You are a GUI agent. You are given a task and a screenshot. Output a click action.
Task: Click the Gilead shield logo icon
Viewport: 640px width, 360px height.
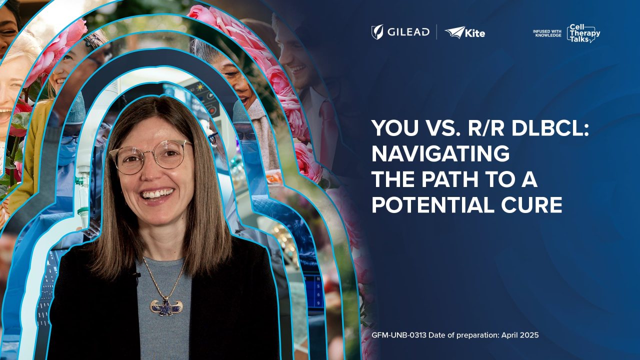(x=377, y=32)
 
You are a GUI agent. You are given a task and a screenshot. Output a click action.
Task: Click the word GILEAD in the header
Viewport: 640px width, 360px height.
(x=408, y=32)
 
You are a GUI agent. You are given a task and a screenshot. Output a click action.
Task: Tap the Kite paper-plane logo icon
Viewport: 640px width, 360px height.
(x=454, y=32)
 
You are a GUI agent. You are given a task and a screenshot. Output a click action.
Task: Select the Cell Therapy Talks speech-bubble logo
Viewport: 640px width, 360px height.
(x=583, y=33)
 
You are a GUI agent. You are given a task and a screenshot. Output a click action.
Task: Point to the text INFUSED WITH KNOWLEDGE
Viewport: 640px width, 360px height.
(x=547, y=33)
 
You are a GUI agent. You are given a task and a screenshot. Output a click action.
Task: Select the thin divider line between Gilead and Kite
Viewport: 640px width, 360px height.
(x=436, y=32)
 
